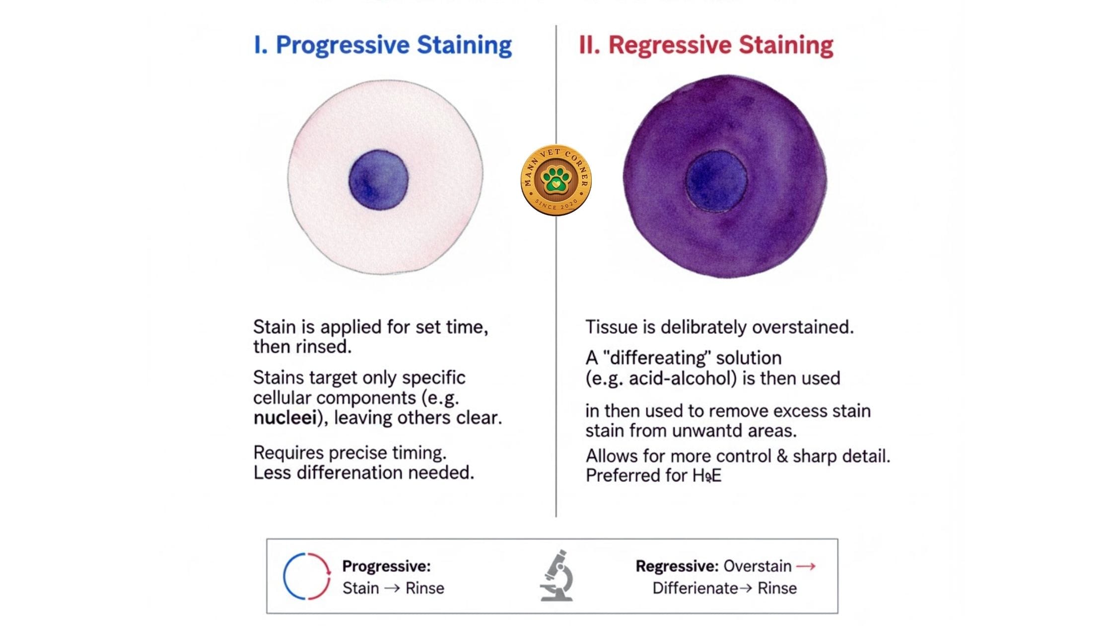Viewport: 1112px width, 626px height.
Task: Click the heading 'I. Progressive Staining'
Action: (x=383, y=45)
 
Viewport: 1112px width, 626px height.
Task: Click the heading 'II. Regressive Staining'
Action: (x=706, y=45)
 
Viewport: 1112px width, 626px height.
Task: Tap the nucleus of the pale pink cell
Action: (x=378, y=180)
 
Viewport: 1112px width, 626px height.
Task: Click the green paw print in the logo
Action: (x=556, y=179)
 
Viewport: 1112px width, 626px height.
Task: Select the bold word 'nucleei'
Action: (x=285, y=418)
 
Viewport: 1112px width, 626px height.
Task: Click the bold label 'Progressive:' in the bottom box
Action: (x=386, y=566)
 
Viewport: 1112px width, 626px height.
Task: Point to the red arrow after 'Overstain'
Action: (x=806, y=566)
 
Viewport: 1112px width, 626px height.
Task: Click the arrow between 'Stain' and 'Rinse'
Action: (x=392, y=588)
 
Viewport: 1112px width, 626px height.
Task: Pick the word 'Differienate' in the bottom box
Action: (x=695, y=588)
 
